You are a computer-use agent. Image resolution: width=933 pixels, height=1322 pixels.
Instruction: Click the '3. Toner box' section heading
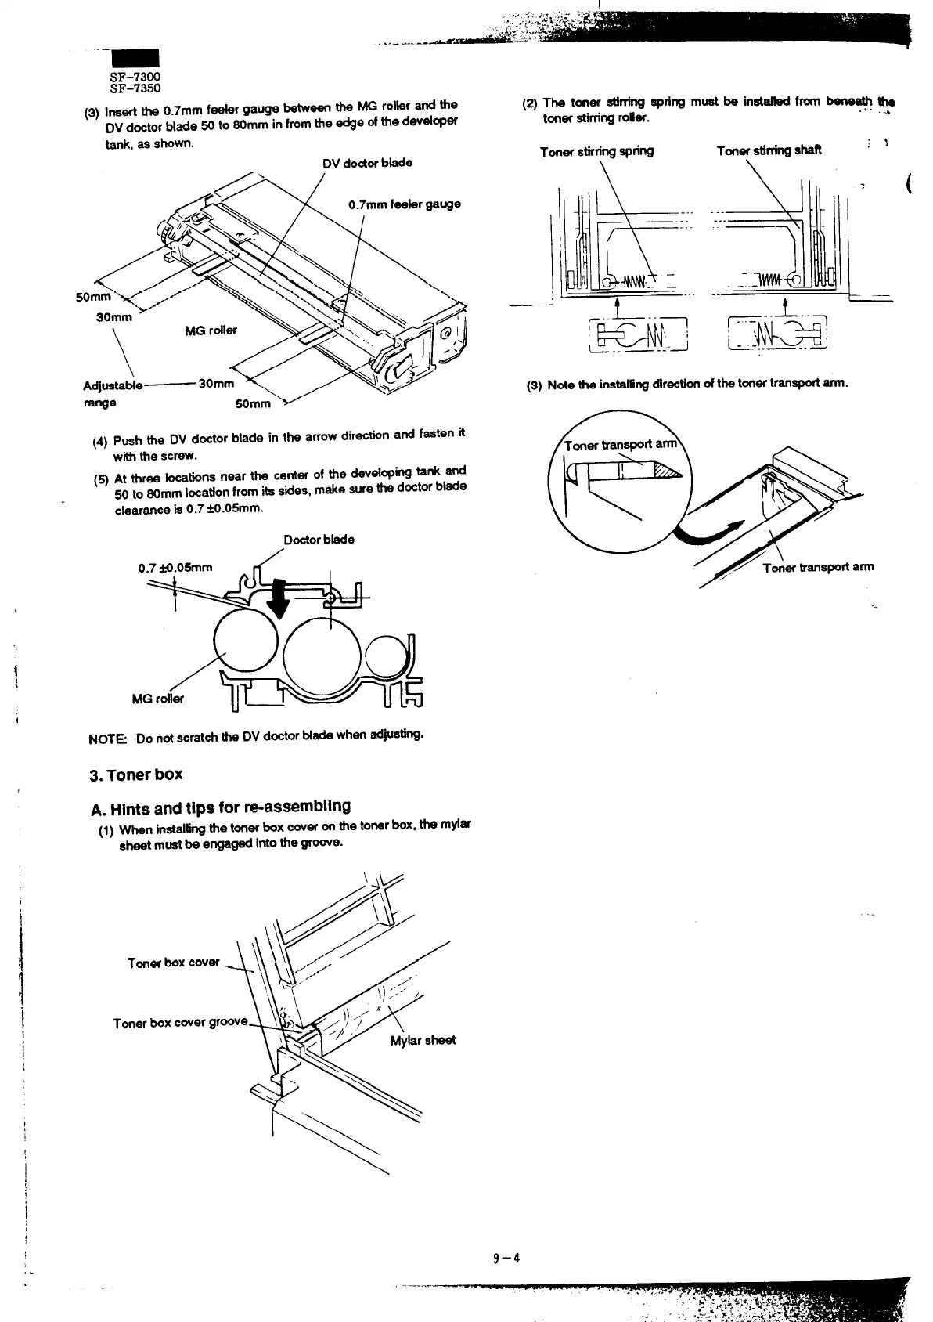pos(136,775)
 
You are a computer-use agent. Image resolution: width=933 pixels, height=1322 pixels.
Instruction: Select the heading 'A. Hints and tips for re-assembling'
pos(220,806)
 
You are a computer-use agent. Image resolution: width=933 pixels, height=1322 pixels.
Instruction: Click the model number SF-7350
pos(135,88)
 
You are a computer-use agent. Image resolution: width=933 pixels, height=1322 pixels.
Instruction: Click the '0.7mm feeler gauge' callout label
pos(404,204)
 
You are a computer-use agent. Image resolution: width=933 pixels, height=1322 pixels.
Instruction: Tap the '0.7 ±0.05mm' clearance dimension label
pos(175,567)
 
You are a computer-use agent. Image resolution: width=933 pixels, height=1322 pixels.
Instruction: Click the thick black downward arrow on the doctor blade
pos(277,598)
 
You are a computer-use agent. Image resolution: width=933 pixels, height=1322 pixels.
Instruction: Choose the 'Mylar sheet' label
pos(422,1040)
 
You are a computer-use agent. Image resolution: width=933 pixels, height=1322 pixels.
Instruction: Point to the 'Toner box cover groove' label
pos(180,1023)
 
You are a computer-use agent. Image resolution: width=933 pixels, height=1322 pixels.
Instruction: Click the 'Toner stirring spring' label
pos(596,151)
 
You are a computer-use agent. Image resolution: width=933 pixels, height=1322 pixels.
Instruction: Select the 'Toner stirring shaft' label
pos(769,150)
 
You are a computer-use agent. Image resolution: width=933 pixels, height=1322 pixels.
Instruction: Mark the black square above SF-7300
pos(135,59)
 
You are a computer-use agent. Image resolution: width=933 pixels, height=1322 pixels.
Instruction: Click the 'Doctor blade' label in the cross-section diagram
pos(319,539)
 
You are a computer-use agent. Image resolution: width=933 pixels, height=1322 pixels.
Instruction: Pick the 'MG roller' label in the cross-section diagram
pos(158,699)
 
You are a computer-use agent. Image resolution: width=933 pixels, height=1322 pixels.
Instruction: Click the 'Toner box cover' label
pos(174,962)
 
